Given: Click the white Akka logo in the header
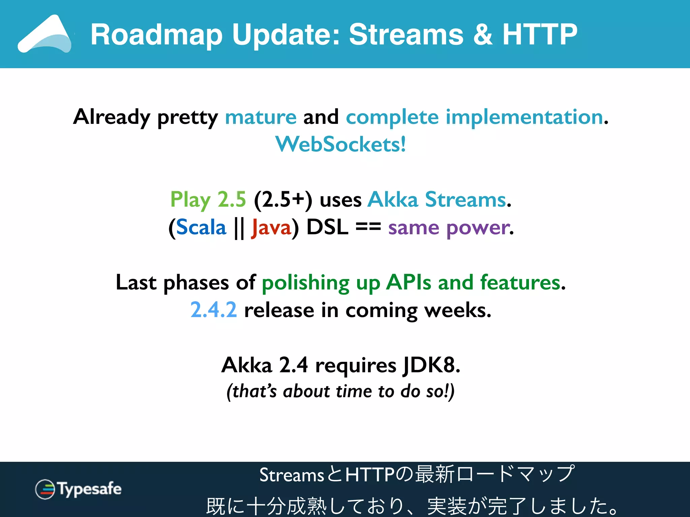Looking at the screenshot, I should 45,34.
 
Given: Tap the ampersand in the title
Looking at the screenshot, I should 483,35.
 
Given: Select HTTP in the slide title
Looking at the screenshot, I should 540,35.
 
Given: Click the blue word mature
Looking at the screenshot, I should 260,117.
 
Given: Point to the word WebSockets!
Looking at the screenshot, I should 341,144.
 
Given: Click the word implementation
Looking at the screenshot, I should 524,117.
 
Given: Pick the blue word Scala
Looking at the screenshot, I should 201,228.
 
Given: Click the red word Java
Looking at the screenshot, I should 271,228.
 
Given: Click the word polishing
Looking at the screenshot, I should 306,283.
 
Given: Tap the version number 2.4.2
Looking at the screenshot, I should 214,310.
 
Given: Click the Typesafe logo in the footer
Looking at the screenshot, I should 78,489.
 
